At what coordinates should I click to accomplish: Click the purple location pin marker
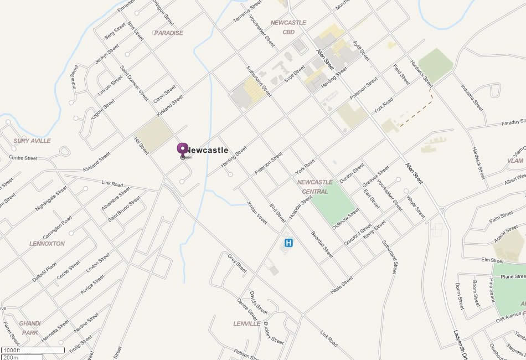[x=183, y=150]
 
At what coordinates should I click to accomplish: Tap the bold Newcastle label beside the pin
[x=208, y=150]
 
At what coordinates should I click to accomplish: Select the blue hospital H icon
[x=288, y=243]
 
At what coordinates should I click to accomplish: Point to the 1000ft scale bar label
[x=11, y=350]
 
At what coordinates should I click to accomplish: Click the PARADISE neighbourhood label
[x=168, y=33]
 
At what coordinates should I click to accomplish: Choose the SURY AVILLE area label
[x=32, y=141]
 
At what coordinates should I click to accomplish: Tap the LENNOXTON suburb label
[x=47, y=244]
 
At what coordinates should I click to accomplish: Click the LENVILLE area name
[x=246, y=323]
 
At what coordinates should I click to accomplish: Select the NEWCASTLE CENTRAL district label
[x=314, y=187]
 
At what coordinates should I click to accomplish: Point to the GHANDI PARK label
[x=30, y=328]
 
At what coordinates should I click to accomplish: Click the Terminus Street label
[x=247, y=11]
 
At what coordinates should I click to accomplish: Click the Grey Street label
[x=237, y=263]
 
